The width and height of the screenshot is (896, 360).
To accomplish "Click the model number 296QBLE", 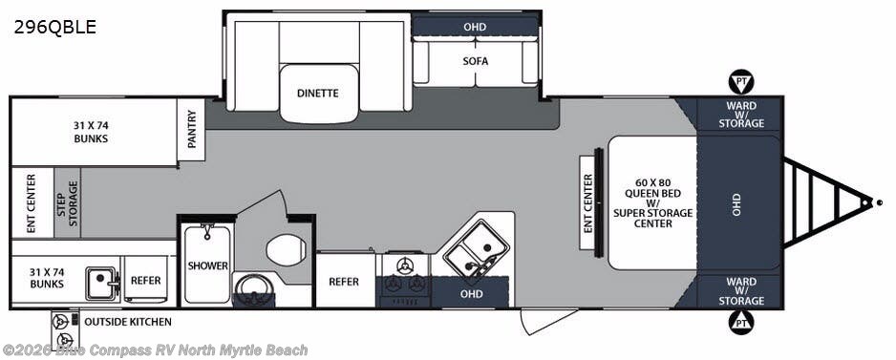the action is tap(54, 27).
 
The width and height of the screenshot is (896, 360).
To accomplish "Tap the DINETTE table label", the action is tap(318, 94).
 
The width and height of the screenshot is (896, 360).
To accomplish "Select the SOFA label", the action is tap(476, 60).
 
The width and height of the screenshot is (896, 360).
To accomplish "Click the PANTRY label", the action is tap(191, 129).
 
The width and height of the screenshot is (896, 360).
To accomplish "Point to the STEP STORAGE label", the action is tap(68, 203).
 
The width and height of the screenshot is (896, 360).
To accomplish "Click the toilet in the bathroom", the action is tap(287, 250).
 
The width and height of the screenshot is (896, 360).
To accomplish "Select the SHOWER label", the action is tap(208, 265).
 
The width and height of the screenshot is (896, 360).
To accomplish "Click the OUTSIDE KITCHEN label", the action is tap(128, 322).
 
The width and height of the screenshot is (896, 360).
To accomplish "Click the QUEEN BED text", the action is tap(652, 193).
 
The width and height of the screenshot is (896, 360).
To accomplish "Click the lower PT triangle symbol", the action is tap(741, 323).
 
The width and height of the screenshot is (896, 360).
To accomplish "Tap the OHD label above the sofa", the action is tap(475, 27).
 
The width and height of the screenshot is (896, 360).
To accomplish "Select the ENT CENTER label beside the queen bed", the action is tap(588, 203).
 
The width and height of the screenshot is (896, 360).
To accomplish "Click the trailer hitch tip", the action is tap(879, 201).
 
